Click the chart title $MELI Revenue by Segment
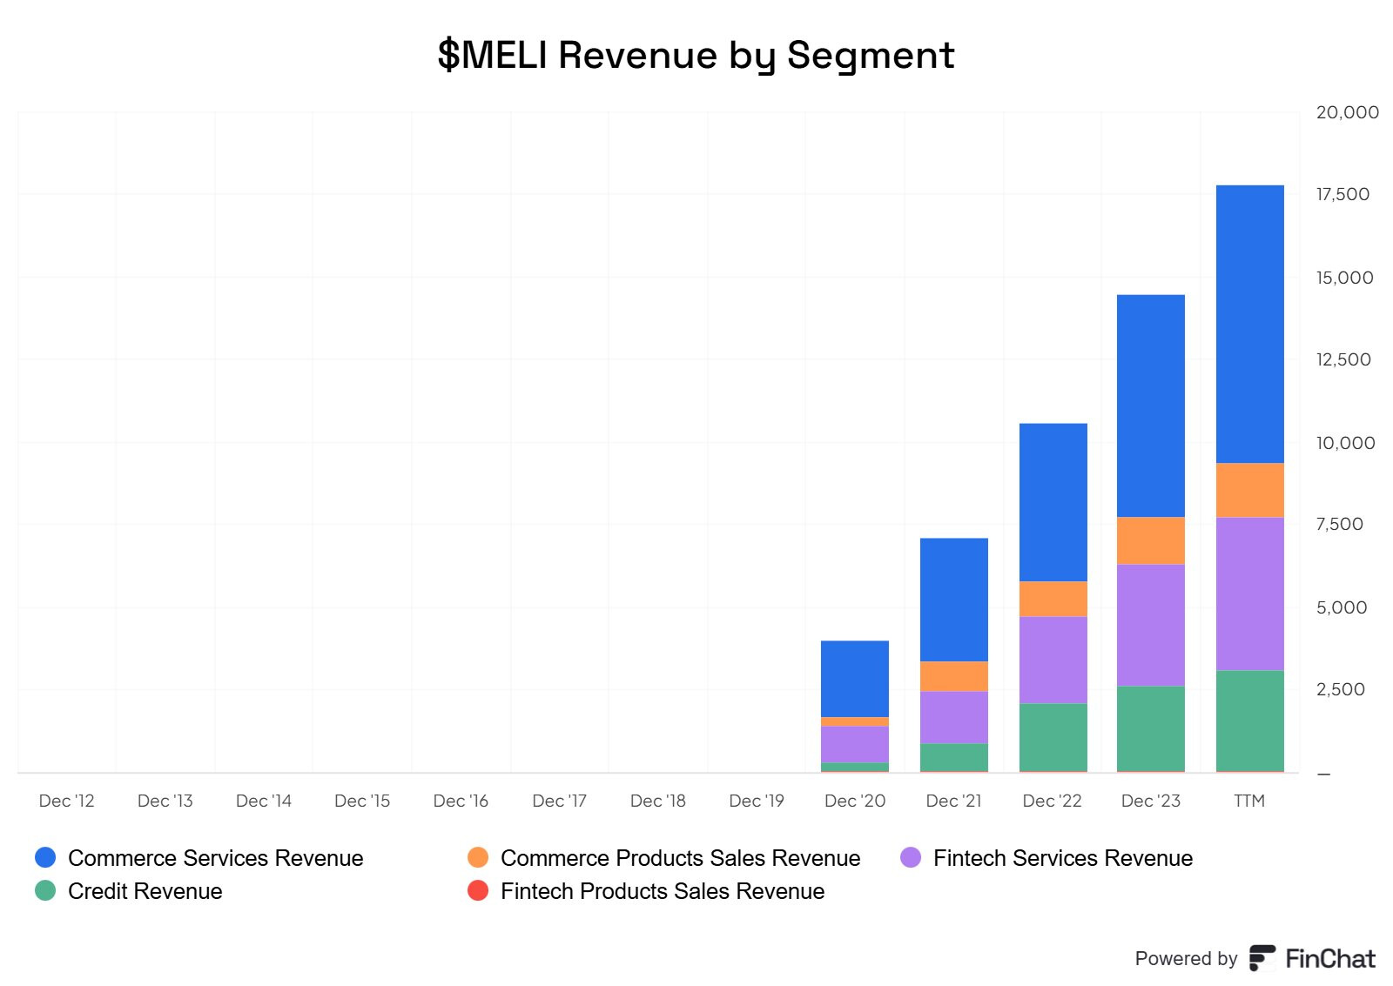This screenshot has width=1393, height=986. pyautogui.click(x=696, y=55)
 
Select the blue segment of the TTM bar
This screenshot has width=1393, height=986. pyautogui.click(x=1249, y=324)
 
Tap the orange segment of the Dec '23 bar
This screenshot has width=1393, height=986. pyautogui.click(x=1150, y=540)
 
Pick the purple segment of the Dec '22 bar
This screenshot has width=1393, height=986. pyautogui.click(x=1053, y=660)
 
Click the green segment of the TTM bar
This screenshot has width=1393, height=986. pyautogui.click(x=1249, y=721)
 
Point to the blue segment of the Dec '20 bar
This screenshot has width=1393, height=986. pyautogui.click(x=854, y=679)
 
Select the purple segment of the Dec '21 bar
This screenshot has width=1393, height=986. pyautogui.click(x=953, y=717)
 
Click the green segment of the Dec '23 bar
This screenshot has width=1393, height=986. pyautogui.click(x=1150, y=728)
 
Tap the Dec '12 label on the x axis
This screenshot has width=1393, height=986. pyautogui.click(x=66, y=801)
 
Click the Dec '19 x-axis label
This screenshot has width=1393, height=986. pyautogui.click(x=756, y=801)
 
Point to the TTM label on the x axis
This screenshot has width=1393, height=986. pyautogui.click(x=1248, y=801)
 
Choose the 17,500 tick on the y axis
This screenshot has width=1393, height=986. pyautogui.click(x=1343, y=194)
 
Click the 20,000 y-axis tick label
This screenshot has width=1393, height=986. pyautogui.click(x=1347, y=112)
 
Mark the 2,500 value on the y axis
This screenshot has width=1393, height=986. pyautogui.click(x=1340, y=689)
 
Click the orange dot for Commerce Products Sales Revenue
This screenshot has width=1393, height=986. pyautogui.click(x=478, y=857)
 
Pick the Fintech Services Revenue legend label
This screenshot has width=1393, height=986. pyautogui.click(x=1062, y=858)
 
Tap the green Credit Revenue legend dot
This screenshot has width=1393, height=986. pyautogui.click(x=45, y=890)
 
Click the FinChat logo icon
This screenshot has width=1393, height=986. pyautogui.click(x=1262, y=957)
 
